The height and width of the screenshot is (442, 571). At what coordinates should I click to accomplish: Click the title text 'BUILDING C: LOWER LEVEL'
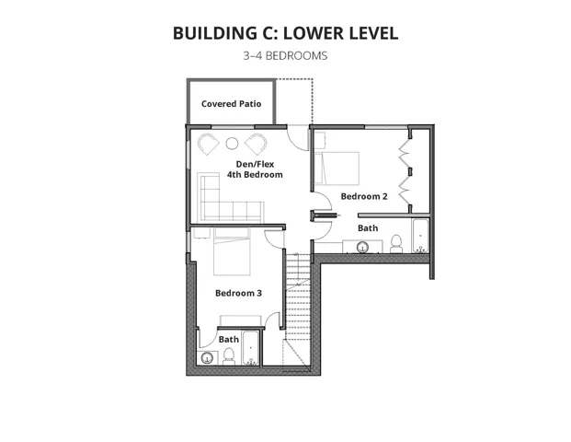pyautogui.click(x=285, y=33)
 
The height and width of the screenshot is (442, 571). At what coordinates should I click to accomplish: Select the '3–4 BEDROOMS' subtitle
pyautogui.click(x=285, y=55)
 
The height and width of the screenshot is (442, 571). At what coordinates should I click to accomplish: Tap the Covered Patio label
pyautogui.click(x=231, y=104)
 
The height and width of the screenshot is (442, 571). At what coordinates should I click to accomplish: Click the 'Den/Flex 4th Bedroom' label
pyautogui.click(x=254, y=169)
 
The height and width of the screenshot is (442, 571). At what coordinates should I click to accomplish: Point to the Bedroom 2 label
pyautogui.click(x=364, y=196)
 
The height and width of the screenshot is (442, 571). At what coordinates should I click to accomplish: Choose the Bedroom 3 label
pyautogui.click(x=238, y=293)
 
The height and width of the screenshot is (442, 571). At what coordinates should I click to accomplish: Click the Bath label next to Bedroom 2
pyautogui.click(x=368, y=227)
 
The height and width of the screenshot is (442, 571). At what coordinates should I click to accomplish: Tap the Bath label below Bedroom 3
pyautogui.click(x=228, y=339)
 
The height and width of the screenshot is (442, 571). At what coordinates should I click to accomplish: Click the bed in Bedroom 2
pyautogui.click(x=337, y=169)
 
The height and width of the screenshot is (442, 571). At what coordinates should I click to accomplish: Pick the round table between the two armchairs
pyautogui.click(x=232, y=143)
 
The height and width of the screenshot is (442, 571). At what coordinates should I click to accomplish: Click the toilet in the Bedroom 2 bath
pyautogui.click(x=396, y=243)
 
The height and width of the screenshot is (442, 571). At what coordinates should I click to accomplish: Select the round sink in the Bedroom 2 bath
pyautogui.click(x=363, y=247)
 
